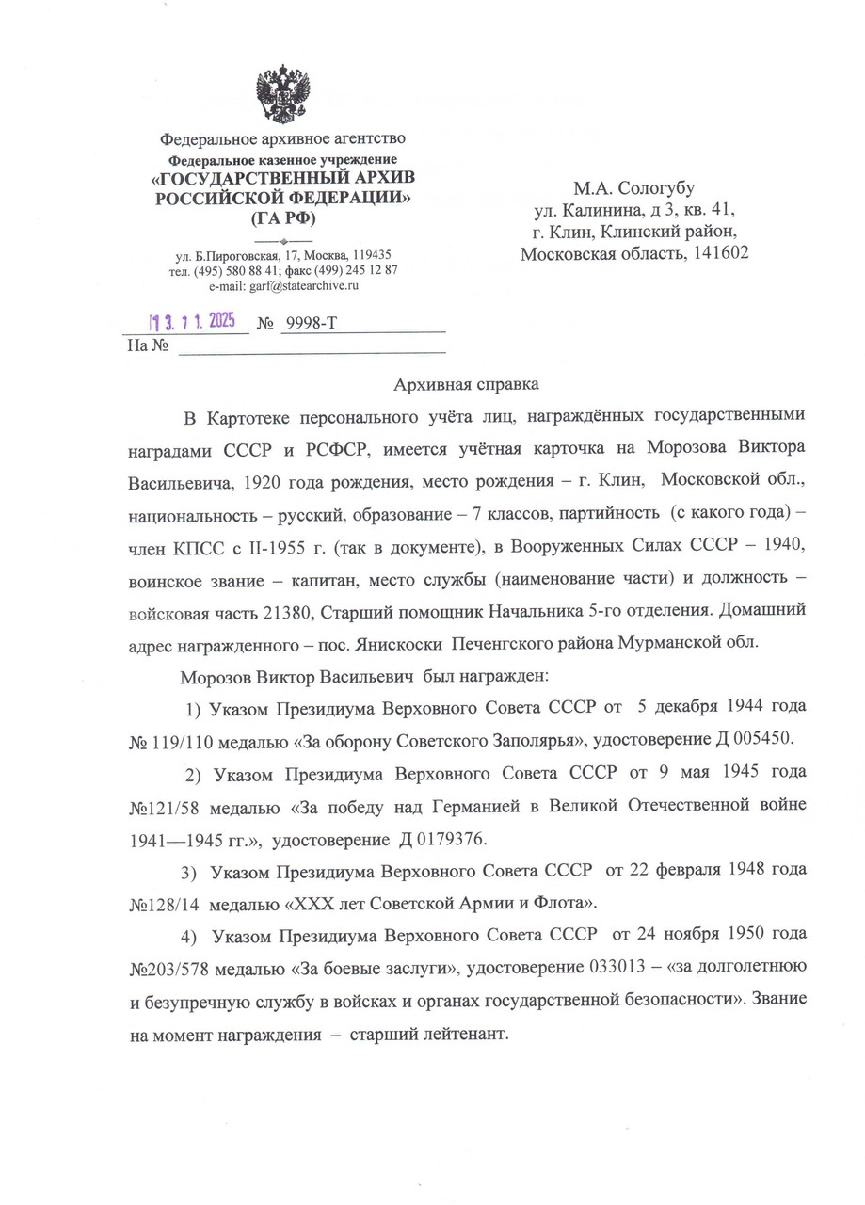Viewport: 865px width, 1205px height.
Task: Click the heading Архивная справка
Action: [x=466, y=384]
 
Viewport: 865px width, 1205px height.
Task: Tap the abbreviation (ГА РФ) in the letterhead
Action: [x=283, y=219]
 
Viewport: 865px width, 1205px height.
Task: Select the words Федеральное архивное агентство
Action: [x=282, y=140]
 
